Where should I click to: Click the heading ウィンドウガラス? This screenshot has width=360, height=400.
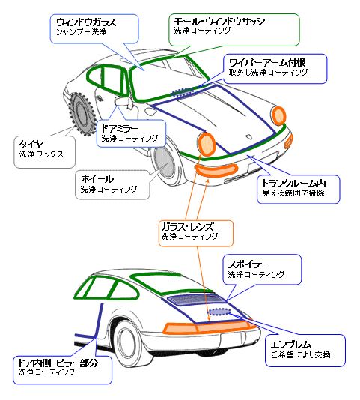(x=86, y=22)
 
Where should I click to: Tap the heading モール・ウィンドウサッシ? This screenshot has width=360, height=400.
(x=219, y=22)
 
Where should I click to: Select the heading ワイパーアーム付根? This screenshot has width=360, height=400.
(x=267, y=63)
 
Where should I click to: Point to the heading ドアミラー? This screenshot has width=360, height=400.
(x=120, y=129)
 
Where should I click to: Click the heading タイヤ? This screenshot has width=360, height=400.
(x=31, y=145)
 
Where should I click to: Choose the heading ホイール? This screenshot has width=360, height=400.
(x=97, y=179)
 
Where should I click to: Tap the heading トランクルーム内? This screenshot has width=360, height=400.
(x=294, y=184)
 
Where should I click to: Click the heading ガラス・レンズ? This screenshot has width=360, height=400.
(x=188, y=226)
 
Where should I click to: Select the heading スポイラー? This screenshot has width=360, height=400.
(x=248, y=264)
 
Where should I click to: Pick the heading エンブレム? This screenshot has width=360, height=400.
(x=291, y=345)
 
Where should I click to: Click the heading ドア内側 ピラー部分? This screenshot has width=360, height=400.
(x=58, y=363)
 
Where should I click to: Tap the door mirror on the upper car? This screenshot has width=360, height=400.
(x=123, y=102)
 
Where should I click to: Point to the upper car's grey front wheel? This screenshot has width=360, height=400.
(x=164, y=161)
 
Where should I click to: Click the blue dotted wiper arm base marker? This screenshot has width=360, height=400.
(x=182, y=92)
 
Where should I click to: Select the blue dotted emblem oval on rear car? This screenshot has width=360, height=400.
(x=219, y=312)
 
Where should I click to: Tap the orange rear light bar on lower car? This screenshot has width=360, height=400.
(x=208, y=328)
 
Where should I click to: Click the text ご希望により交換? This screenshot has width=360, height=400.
(x=301, y=355)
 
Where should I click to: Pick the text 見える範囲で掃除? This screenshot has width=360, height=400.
(x=293, y=193)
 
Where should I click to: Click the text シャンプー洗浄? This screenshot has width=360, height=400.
(x=81, y=32)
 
